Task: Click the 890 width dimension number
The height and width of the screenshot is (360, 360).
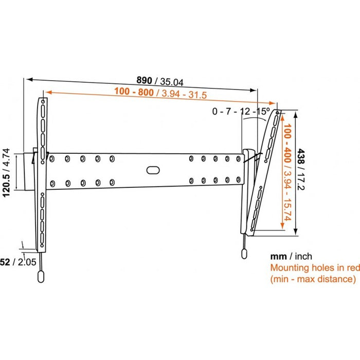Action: [x=144, y=80]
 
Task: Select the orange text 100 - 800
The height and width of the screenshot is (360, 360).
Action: [x=134, y=92]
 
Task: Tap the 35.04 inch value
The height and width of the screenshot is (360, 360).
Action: [x=172, y=82]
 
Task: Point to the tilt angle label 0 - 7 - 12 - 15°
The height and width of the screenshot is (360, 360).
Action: [x=241, y=112]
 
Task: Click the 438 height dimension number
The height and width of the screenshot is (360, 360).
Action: [x=301, y=156]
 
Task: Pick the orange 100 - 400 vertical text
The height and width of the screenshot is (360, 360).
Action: [x=287, y=143]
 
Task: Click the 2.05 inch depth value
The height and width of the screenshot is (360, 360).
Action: [x=27, y=262]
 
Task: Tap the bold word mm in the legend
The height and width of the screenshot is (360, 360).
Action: [x=278, y=257]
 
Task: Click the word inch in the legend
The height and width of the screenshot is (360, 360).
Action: [x=303, y=256]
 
